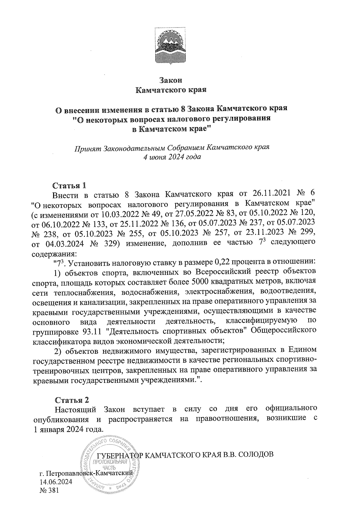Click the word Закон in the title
pyautogui.click(x=171, y=80)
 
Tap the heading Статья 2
pyautogui.click(x=72, y=400)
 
